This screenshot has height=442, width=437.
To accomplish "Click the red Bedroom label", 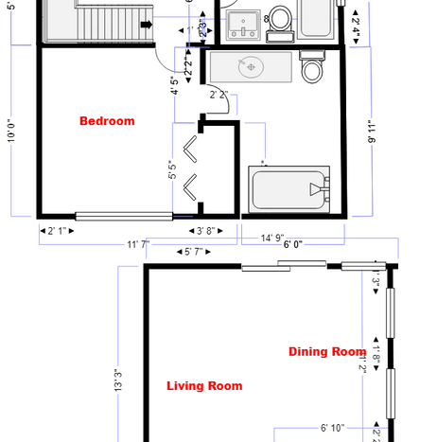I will [x=107, y=121].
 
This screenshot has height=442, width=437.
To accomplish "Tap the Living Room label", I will [x=204, y=385].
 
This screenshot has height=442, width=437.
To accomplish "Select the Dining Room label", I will [x=327, y=352].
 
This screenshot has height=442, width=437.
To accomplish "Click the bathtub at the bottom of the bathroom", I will [x=288, y=190].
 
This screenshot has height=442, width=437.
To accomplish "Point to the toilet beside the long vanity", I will [x=311, y=69].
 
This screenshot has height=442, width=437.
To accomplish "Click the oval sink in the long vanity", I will [x=251, y=67].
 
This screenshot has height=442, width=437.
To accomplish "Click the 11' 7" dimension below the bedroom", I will [x=138, y=245].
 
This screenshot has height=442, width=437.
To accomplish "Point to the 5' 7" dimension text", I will [x=195, y=252].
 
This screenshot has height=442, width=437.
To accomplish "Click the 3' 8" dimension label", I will [x=207, y=230].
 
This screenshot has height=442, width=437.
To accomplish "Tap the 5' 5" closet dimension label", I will [x=172, y=173].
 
